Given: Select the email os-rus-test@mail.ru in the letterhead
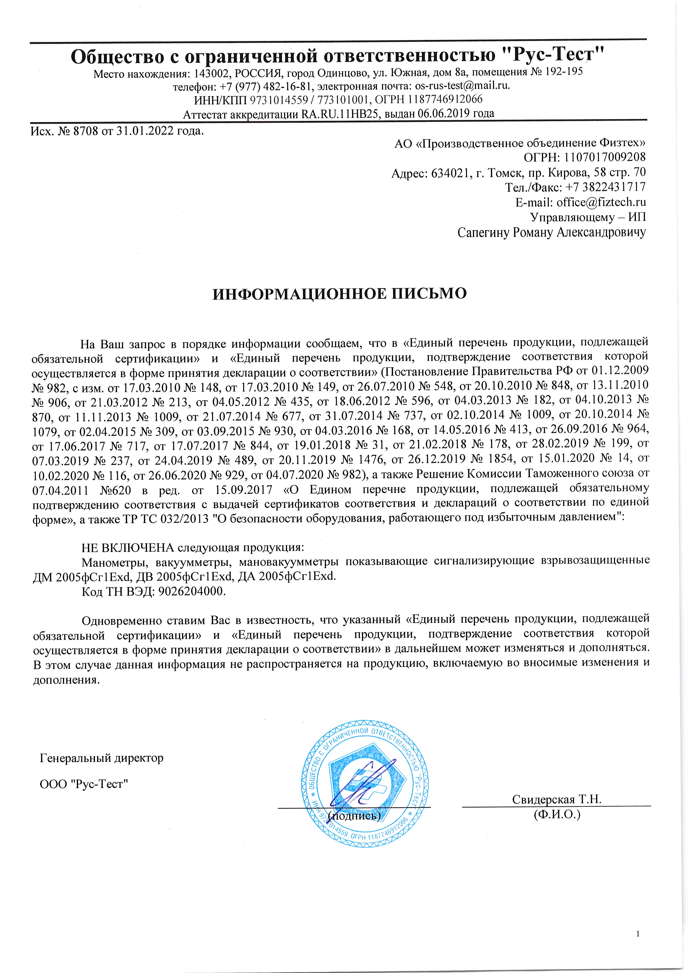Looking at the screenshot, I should (462, 86).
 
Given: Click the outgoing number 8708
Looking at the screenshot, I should (86, 131).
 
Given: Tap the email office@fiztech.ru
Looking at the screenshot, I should (601, 202).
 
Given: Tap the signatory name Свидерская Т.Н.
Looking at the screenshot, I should (557, 799).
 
